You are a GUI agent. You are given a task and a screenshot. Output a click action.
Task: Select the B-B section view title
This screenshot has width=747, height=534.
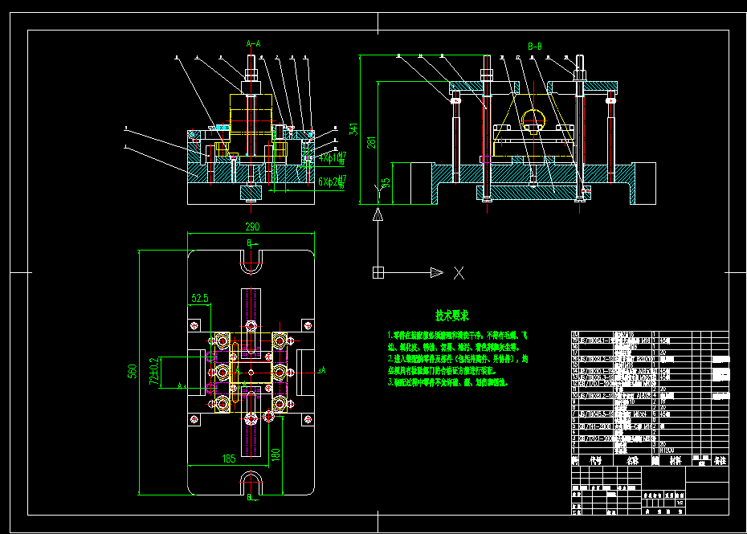(x=535, y=47)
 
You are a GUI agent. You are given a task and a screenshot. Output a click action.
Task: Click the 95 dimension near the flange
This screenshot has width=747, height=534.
(x=385, y=184)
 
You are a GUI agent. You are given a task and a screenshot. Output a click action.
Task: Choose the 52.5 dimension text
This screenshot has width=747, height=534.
(x=200, y=298)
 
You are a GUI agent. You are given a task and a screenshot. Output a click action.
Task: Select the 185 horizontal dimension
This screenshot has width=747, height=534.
(x=229, y=459)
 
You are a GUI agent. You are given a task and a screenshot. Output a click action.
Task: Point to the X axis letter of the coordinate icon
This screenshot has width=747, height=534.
(x=459, y=273)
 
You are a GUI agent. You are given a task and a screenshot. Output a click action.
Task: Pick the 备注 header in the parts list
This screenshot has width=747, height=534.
(x=720, y=461)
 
